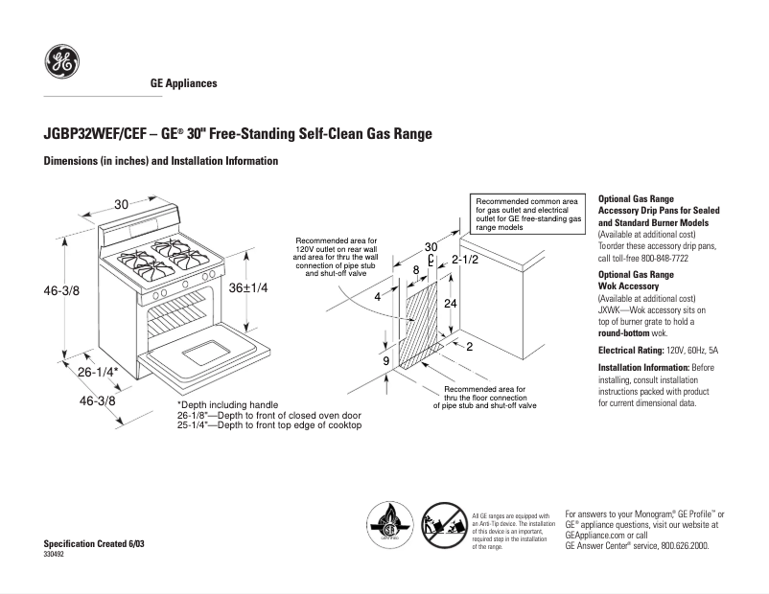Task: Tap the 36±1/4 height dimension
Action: [248, 287]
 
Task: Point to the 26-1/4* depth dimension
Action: [98, 372]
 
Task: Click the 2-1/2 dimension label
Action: [465, 260]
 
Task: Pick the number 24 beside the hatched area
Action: [449, 302]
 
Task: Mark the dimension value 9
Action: [385, 361]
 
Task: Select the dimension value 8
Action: [415, 270]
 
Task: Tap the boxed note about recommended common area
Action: [528, 216]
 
